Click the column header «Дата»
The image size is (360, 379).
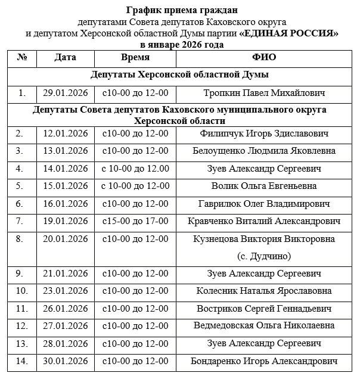[x=65, y=58]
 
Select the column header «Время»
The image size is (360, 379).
[x=135, y=58]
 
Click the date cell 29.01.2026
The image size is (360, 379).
[x=65, y=93]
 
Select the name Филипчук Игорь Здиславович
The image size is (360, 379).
[x=264, y=134]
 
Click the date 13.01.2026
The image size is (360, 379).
[x=65, y=151]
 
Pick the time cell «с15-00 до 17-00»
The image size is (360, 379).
[x=135, y=221]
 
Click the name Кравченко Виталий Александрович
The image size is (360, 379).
[x=264, y=221]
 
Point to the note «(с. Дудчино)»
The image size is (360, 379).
[x=264, y=256]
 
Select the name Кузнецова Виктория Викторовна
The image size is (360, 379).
[x=264, y=239]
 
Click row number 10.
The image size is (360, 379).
[x=22, y=291]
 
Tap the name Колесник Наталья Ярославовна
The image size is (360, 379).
[x=264, y=291]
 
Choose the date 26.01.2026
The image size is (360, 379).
[x=65, y=309]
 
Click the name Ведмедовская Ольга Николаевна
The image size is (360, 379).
[x=264, y=326]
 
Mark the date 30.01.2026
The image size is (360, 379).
[x=65, y=361]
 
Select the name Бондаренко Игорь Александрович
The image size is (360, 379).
[x=264, y=361]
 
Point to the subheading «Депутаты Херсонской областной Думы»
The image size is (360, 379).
[x=179, y=75]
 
